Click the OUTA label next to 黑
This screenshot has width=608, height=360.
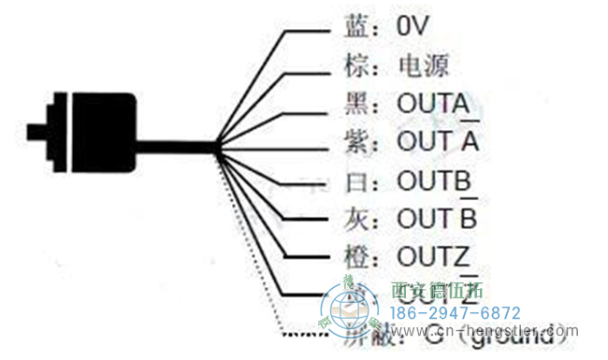coord(433,104)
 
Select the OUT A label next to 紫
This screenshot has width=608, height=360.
coord(438,142)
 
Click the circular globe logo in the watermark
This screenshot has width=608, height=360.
coord(349,309)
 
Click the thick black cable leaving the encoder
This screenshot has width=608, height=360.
coord(178,146)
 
